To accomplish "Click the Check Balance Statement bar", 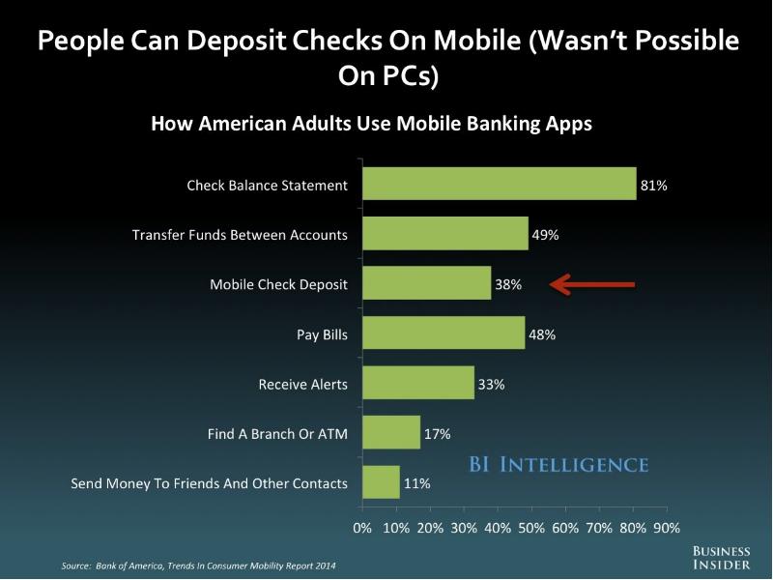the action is point(500,184).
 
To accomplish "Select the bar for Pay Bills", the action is point(444,333).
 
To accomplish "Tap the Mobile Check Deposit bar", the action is point(427,283).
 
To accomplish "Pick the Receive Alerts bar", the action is point(418,383).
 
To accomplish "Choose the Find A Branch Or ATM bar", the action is point(391,432).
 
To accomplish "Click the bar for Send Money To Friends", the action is point(381,482).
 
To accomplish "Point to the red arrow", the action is point(592,284).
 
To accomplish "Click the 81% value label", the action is point(654,186).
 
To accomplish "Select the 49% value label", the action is point(545,235).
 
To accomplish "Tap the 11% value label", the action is point(417,483).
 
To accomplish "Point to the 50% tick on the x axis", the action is point(531,528).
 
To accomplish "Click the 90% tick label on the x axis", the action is point(667,528).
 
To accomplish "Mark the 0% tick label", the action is point(362,528).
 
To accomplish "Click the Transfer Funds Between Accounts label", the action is point(240,235).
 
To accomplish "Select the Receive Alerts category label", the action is point(302,384).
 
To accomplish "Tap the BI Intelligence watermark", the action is point(558,465).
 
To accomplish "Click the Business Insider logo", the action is point(721,558).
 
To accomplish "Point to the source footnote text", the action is point(198,565).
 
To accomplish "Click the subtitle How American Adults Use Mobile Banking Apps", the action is point(371,124).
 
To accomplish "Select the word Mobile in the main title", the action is point(477,40).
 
